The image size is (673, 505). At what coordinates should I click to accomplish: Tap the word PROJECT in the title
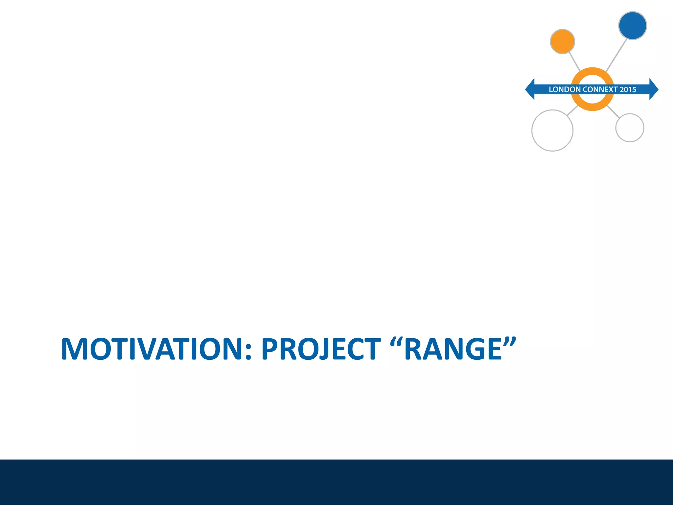pyautogui.click(x=321, y=349)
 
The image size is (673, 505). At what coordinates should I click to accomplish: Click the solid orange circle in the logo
pyautogui.click(x=562, y=41)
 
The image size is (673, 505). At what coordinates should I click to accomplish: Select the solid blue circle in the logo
pyautogui.click(x=632, y=26)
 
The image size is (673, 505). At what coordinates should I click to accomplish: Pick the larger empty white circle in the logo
pyautogui.click(x=552, y=131)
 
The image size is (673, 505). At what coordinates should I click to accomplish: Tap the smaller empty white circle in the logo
pyautogui.click(x=630, y=128)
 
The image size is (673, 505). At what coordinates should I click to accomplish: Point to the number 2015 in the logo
pyautogui.click(x=628, y=89)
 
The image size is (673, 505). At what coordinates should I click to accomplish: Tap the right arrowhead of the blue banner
pyautogui.click(x=654, y=89)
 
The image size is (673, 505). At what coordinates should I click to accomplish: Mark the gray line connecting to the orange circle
pyautogui.click(x=574, y=61)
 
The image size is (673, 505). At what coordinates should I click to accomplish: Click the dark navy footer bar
pyautogui.click(x=336, y=482)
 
